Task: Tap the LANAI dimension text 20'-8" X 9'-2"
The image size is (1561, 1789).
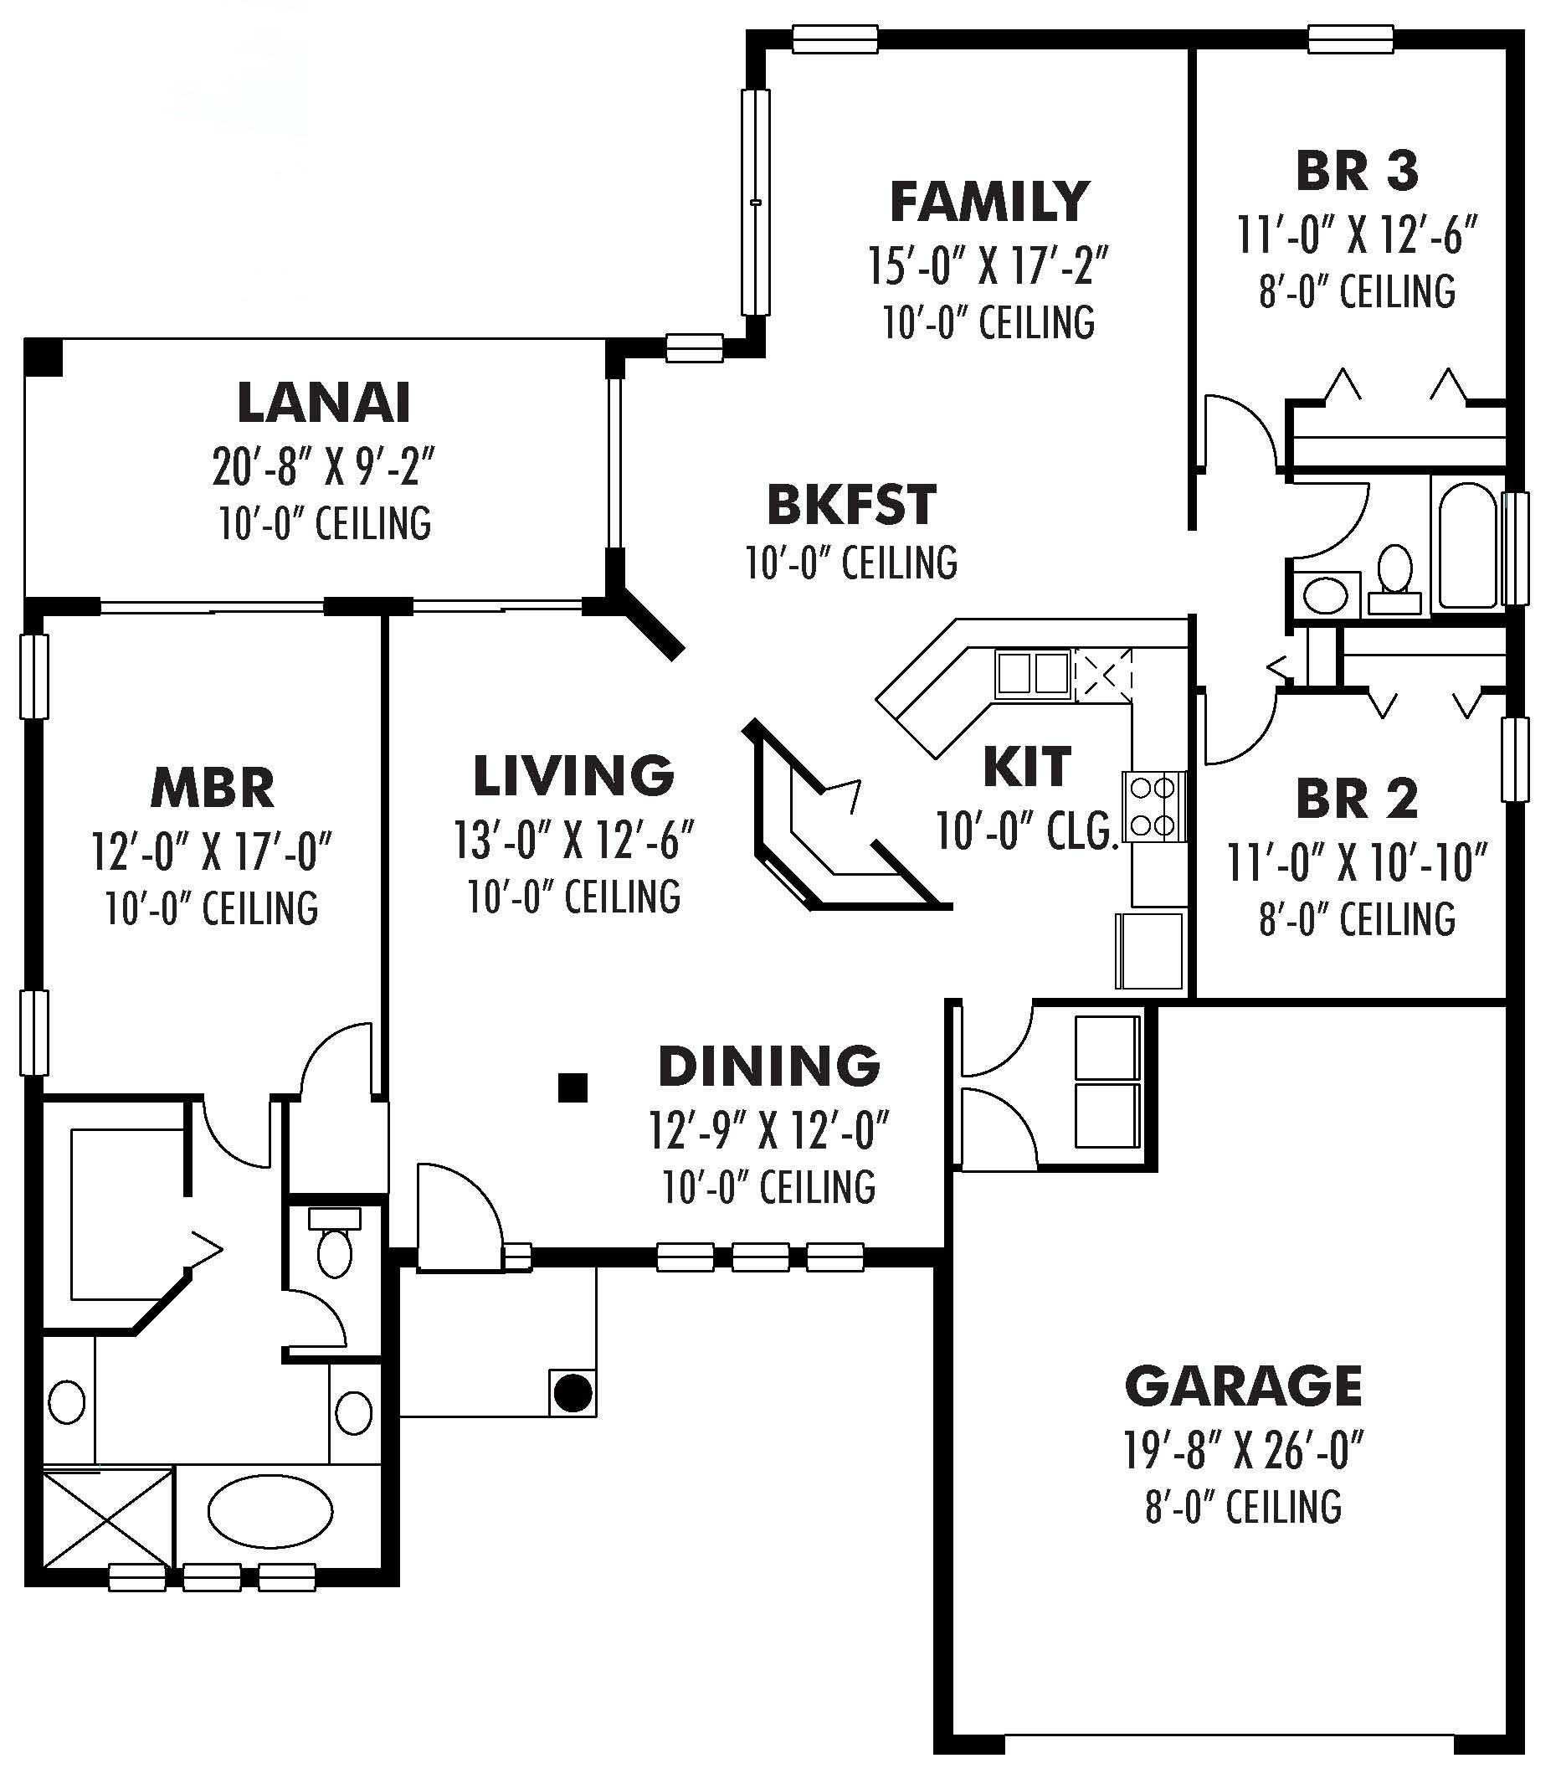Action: tap(323, 467)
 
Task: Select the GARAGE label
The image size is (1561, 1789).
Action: tap(1243, 1386)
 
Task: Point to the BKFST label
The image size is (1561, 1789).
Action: tap(851, 505)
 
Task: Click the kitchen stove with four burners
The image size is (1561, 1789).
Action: tap(1154, 806)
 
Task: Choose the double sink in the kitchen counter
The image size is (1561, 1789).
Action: tap(1033, 673)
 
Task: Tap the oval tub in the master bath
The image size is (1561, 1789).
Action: tap(270, 1513)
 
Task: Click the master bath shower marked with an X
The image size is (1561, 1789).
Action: tap(108, 1517)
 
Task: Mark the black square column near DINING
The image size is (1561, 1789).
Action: tap(573, 1087)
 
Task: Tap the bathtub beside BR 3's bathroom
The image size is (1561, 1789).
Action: tap(1468, 547)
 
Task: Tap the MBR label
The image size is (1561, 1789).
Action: tap(213, 788)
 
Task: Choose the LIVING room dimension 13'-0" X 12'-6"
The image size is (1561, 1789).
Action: tap(573, 841)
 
